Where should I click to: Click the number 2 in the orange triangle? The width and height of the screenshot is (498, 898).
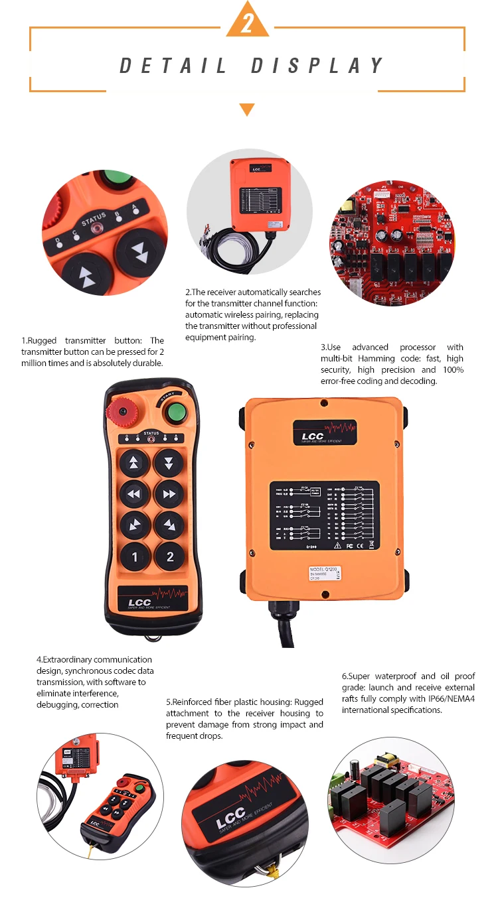click(x=248, y=24)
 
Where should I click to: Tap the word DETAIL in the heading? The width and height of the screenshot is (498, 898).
click(x=173, y=66)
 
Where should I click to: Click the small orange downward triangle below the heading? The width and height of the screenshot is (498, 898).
click(x=247, y=109)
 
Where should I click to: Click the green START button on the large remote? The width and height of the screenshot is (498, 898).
click(x=175, y=413)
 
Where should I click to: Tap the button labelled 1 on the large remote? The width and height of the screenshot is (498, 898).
click(x=135, y=556)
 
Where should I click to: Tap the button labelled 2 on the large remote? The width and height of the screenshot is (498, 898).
click(x=169, y=556)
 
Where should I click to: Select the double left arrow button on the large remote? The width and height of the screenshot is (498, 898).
click(x=135, y=494)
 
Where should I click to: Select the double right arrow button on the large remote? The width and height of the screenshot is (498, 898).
click(x=169, y=494)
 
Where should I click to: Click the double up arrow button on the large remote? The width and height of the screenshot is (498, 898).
click(x=135, y=463)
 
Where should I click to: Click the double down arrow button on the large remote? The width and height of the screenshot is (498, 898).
click(x=169, y=463)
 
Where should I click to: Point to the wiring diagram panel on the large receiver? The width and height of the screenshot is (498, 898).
click(x=324, y=516)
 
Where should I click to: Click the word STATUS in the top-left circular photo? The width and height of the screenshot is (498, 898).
click(x=93, y=217)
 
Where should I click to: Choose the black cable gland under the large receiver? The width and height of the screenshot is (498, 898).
click(x=278, y=607)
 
